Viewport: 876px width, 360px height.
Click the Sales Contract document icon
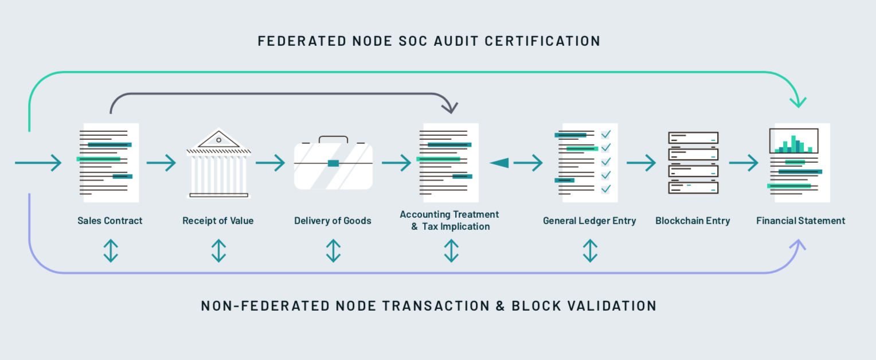[x=108, y=163]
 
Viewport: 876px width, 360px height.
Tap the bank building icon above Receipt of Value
[x=218, y=163]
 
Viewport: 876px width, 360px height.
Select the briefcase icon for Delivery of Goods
[x=333, y=163]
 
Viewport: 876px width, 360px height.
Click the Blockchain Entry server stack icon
[x=693, y=163]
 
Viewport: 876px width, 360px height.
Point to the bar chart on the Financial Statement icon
[x=794, y=141]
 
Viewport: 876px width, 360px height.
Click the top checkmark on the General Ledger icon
[x=606, y=135]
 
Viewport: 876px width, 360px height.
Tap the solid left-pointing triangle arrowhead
[x=499, y=163]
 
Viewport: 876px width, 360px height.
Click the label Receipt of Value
[x=218, y=221]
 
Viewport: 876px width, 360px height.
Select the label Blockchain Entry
[x=693, y=221]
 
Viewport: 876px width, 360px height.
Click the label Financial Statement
[x=800, y=221]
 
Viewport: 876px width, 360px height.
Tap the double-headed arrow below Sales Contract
[x=111, y=251]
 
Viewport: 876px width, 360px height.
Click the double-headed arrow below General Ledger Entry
[x=590, y=251]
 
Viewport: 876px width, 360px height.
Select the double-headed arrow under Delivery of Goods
[x=333, y=251]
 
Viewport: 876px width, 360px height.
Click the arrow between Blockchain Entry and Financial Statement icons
[x=744, y=163]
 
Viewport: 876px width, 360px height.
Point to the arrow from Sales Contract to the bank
[x=161, y=163]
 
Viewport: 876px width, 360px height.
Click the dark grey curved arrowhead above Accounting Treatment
[x=451, y=108]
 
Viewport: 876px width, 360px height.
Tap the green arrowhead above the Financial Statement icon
[x=798, y=103]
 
